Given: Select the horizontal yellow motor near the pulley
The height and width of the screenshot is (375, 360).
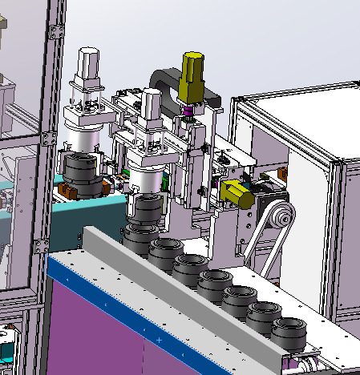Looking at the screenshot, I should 236,193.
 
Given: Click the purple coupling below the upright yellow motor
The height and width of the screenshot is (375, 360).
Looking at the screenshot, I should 189,110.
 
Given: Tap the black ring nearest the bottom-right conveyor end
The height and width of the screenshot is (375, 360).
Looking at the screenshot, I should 288,332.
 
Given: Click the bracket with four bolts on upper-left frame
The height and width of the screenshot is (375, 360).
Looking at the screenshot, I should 56,33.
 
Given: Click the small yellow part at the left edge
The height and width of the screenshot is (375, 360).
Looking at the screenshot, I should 3,81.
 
